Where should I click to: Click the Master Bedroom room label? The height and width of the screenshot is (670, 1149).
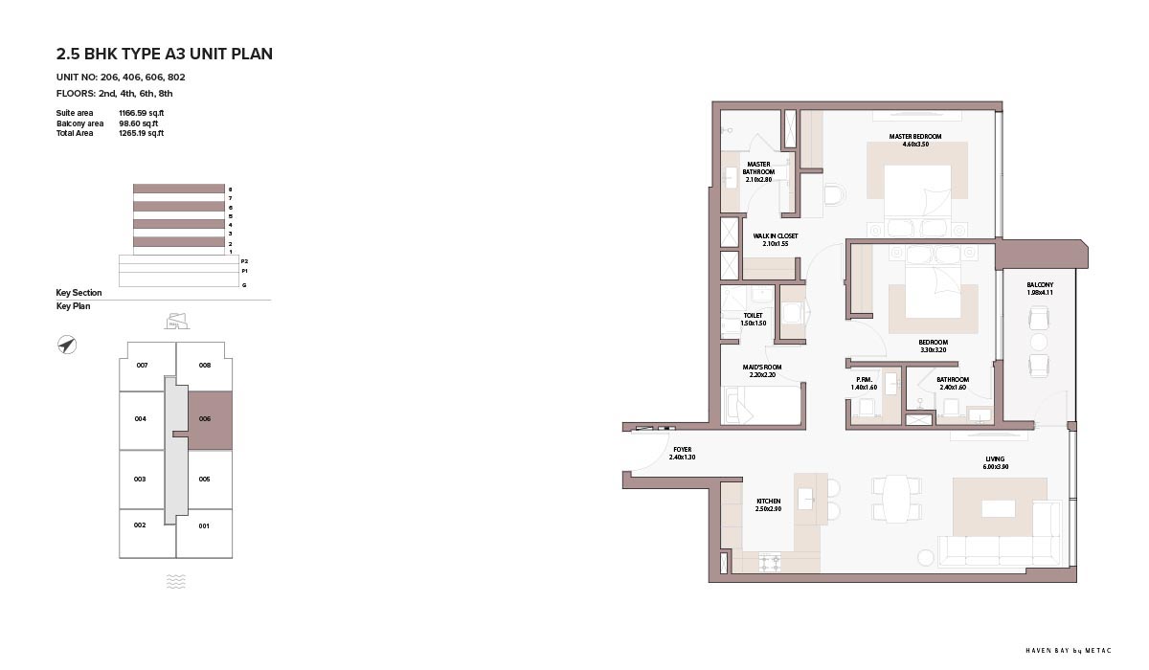point(915,136)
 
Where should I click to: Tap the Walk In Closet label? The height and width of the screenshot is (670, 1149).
point(775,235)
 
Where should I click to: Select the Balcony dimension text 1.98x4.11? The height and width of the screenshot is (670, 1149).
point(1040,293)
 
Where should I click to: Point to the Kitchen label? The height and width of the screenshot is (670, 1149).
point(768,501)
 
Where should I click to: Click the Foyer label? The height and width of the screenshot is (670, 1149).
point(682,449)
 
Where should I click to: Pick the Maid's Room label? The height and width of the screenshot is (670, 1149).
point(762,367)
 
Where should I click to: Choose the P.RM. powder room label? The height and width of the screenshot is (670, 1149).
point(865,379)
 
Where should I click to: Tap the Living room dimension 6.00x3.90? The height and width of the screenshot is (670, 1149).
point(996,467)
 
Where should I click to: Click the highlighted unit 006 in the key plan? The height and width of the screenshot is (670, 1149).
point(211,421)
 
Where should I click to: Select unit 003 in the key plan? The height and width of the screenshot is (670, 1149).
point(140,480)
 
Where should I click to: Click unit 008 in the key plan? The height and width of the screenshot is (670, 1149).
point(204,365)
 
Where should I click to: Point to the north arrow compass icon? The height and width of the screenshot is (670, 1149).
point(67,345)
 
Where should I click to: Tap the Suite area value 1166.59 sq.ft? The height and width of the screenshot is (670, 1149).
point(141,113)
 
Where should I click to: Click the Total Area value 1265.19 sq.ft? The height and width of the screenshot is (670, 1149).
point(141,133)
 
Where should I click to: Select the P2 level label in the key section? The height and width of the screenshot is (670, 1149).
point(245,261)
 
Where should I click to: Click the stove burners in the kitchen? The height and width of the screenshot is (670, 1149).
point(770,563)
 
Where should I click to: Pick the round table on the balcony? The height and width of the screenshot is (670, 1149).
point(1039,342)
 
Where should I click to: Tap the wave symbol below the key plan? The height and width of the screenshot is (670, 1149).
point(176,581)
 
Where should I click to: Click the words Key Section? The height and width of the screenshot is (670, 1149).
point(79,293)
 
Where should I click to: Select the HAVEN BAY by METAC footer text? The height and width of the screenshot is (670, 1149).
point(1069,651)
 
